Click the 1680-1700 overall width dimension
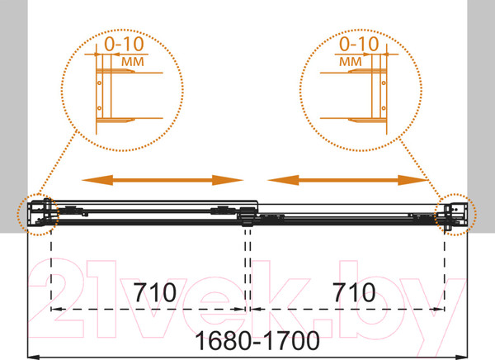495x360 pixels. pos(257,341)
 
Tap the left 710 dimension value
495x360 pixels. pos(155,292)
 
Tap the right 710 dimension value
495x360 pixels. pos(354,292)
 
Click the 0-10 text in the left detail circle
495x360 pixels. pos(124,44)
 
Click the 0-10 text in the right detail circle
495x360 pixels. pos(359,44)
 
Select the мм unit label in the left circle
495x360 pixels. pos(133,62)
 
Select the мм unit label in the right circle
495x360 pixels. pos(351,62)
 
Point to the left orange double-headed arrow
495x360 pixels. pos(163,180)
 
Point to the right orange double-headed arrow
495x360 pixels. pos(347,180)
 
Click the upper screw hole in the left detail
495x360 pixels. pos(100,83)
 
